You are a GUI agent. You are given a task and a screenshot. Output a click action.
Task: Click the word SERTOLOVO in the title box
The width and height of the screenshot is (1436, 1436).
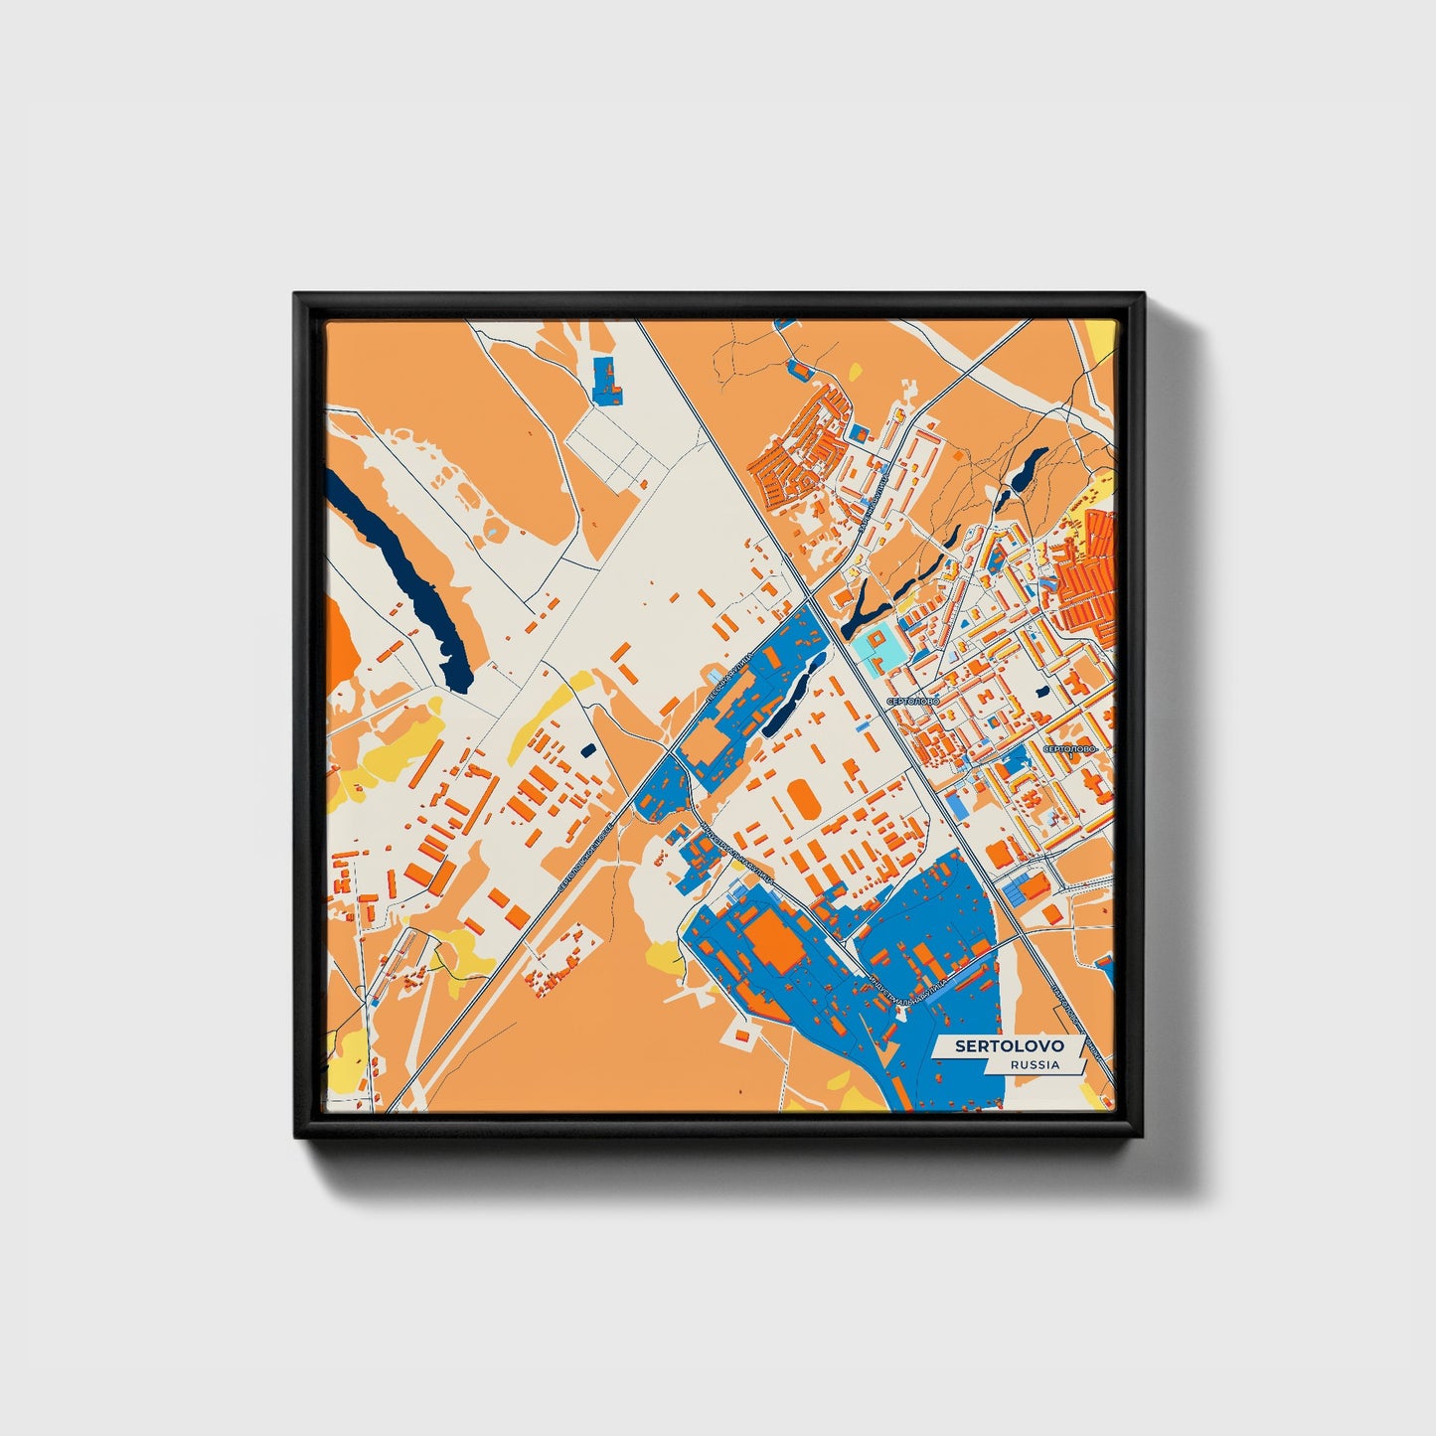coord(1009,1046)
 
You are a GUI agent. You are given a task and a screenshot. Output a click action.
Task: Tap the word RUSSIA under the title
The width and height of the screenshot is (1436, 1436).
coord(1034,1064)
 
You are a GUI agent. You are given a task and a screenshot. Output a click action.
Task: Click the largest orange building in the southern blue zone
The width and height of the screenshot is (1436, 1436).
coord(775,939)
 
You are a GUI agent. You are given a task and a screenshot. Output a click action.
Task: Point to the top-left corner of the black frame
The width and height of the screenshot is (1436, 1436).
coord(295,295)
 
